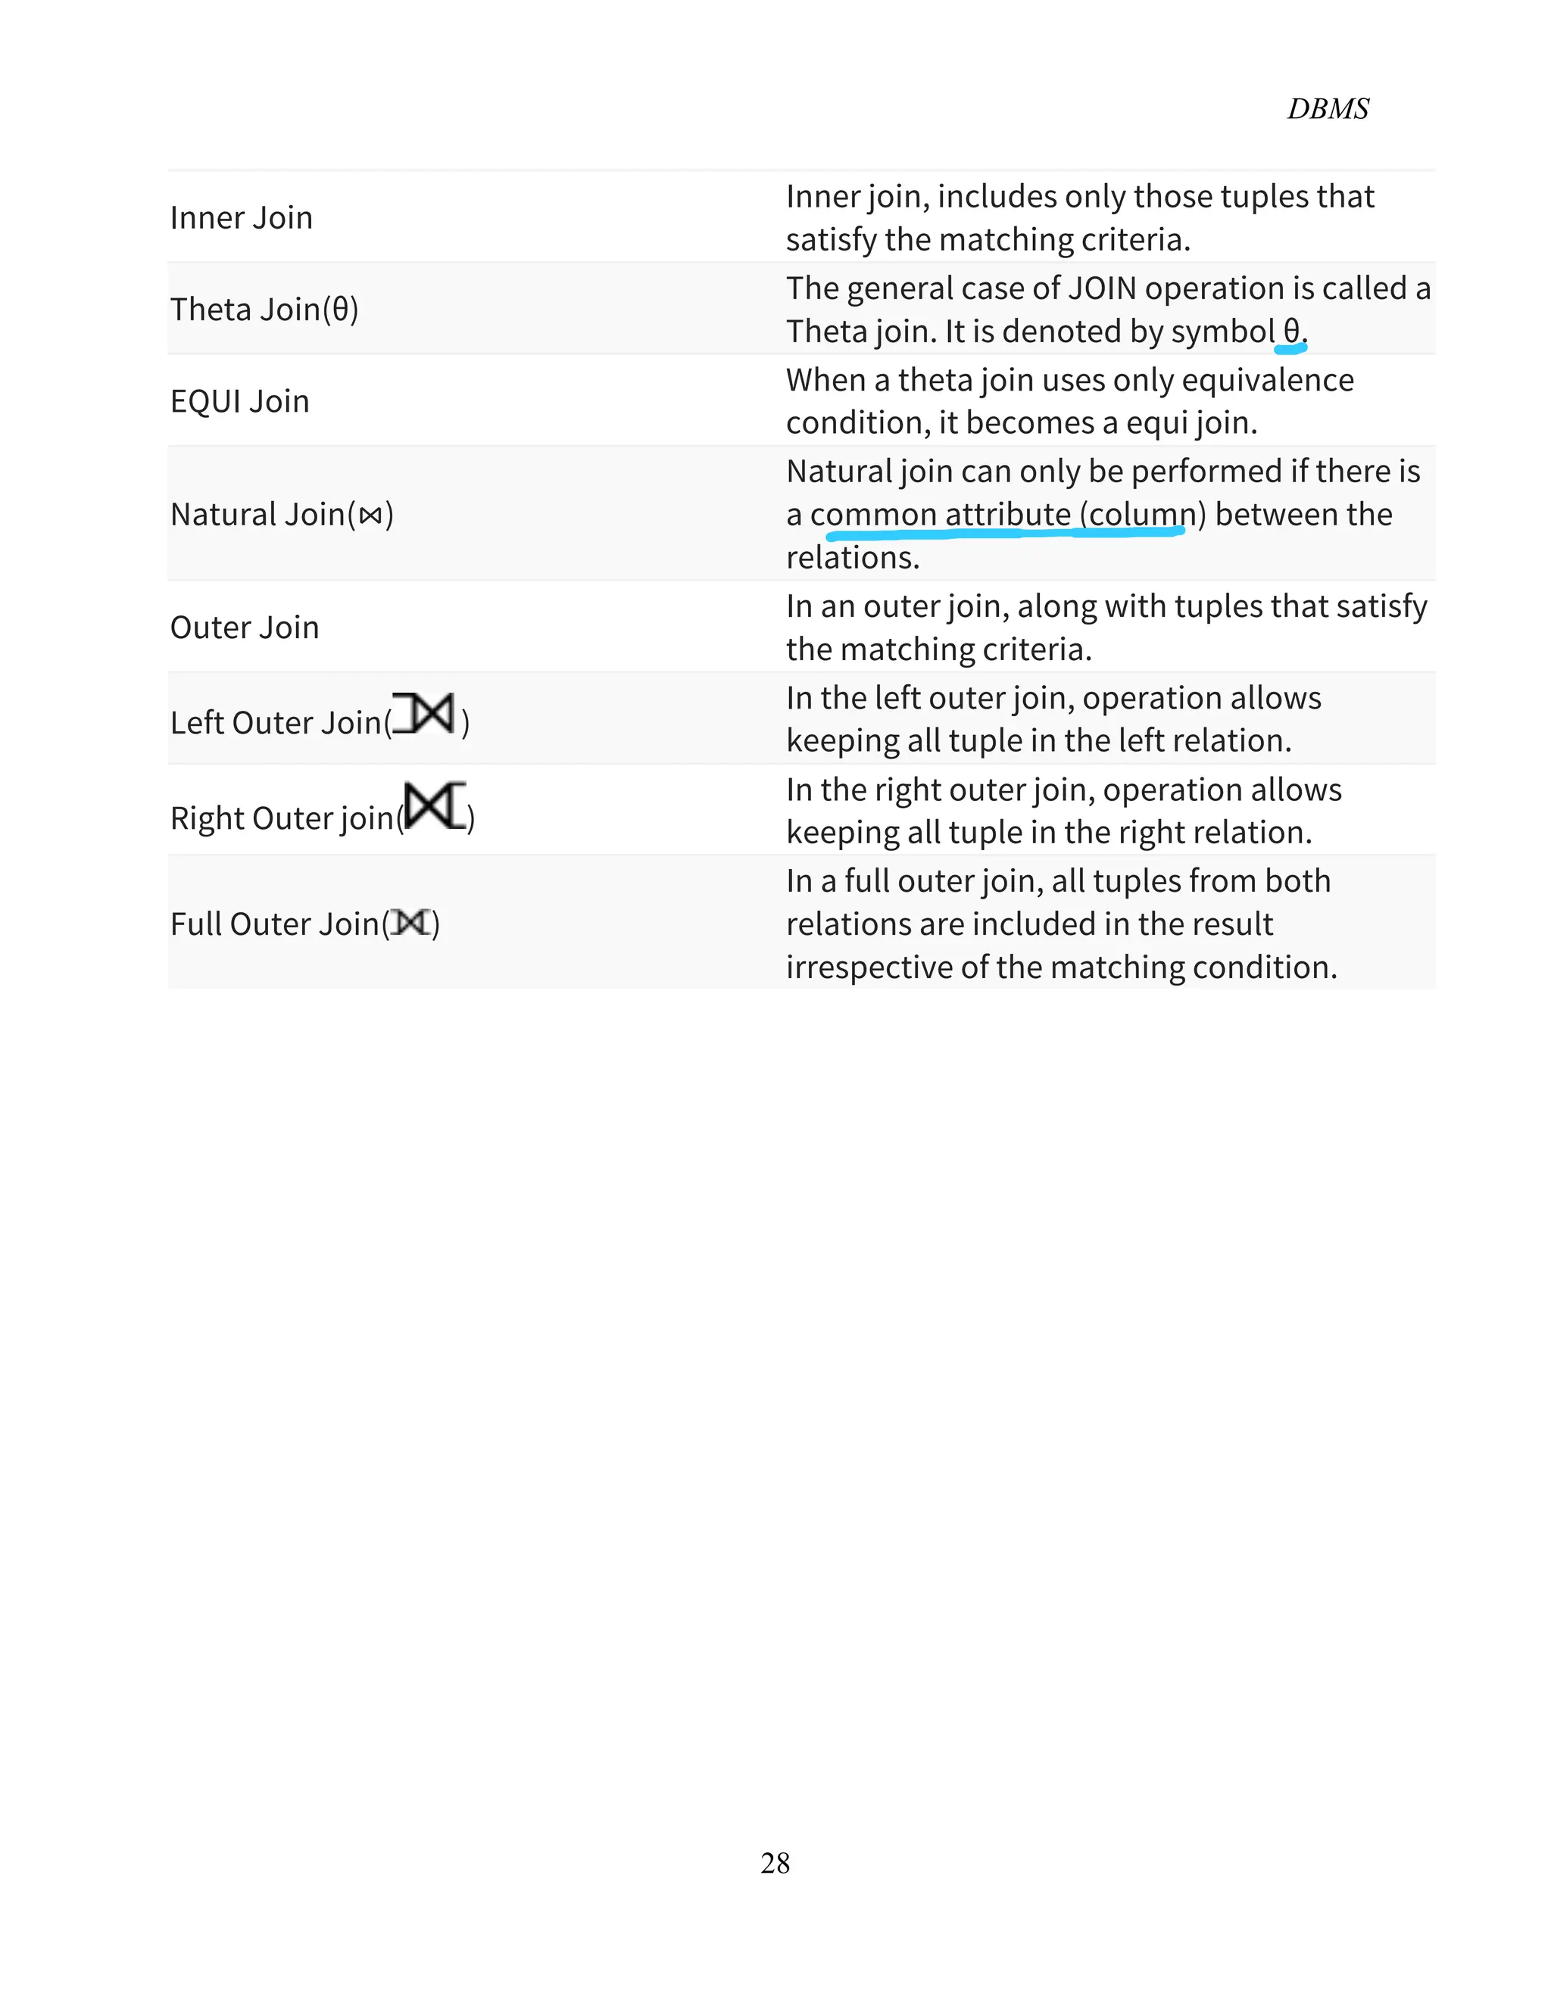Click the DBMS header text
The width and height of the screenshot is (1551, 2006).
(1327, 108)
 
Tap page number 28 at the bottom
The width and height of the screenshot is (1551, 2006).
(775, 1863)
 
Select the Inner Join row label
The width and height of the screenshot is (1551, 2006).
(241, 218)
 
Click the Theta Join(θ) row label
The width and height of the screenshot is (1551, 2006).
(264, 310)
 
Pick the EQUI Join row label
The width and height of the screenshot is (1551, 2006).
(239, 401)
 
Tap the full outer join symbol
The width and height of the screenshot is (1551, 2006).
(410, 922)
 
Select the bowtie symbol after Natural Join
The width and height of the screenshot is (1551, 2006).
(370, 516)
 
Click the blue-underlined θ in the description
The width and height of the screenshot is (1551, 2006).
(1291, 331)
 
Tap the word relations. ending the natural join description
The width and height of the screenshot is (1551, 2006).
(852, 558)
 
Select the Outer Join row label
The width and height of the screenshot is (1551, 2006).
(245, 628)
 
